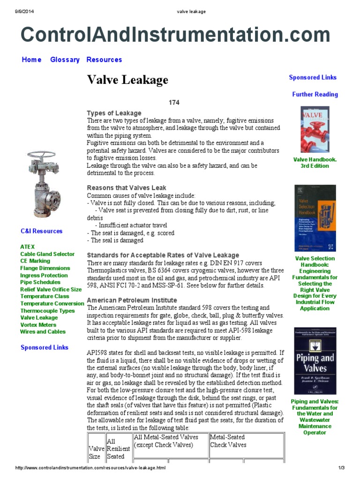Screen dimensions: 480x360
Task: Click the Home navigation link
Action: (x=31, y=60)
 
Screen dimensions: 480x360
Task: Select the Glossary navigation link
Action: (x=65, y=60)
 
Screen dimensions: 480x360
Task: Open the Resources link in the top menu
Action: (x=104, y=60)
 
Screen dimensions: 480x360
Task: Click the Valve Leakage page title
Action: (x=127, y=80)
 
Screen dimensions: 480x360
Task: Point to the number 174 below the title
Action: (x=174, y=102)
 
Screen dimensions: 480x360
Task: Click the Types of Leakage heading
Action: (x=114, y=113)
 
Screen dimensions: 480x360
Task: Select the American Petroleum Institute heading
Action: (x=132, y=300)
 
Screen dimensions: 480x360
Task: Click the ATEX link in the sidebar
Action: (x=27, y=247)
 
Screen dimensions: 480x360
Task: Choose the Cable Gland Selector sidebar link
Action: (x=47, y=254)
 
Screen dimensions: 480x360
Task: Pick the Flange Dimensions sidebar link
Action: (x=45, y=268)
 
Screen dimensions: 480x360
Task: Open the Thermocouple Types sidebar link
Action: (x=47, y=311)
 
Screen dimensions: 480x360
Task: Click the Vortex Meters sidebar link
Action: (x=39, y=325)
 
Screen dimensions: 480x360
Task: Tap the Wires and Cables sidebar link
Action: (x=43, y=332)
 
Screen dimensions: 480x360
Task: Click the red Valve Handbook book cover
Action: (x=315, y=129)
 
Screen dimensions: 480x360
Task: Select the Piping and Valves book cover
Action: (x=315, y=360)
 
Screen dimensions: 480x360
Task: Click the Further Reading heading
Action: (x=315, y=95)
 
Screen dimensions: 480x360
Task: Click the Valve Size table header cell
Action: (x=95, y=452)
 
